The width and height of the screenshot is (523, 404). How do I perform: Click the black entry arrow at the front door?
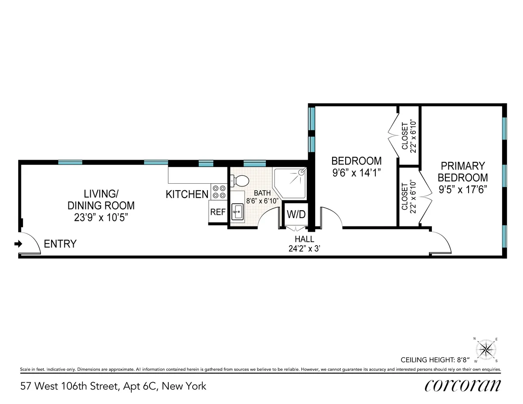(18, 244)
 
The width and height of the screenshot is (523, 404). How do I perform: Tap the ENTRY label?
(60, 244)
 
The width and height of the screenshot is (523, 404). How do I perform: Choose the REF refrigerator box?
(217, 212)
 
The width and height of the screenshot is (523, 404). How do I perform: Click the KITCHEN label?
(187, 195)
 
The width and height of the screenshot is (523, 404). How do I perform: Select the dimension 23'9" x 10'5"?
(100, 217)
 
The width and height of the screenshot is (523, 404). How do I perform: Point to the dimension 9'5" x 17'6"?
(462, 190)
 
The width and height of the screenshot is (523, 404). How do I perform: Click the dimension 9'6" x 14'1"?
(356, 173)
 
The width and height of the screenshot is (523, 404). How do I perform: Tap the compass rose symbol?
(485, 350)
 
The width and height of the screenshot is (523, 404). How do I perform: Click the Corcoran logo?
(462, 385)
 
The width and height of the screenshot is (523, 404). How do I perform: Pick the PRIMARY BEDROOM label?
(462, 172)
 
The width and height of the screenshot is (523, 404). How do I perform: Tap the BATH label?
(262, 193)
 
